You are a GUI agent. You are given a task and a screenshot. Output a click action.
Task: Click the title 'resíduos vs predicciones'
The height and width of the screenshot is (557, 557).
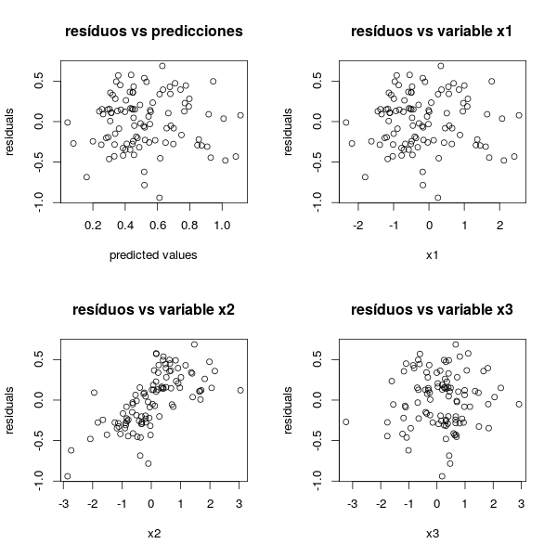pos(153,32)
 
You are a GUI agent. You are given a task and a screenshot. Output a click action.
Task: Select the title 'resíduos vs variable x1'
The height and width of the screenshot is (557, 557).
pos(432,32)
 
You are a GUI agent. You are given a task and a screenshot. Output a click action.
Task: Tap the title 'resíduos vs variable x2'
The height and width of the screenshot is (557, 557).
pos(153,310)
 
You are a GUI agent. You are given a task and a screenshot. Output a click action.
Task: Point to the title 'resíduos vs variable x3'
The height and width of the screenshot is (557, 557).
pos(432,310)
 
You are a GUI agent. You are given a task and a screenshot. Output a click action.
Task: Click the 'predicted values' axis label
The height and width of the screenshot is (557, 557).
pos(153,254)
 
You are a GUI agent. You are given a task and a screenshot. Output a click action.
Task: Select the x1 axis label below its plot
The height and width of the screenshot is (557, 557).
pos(432,254)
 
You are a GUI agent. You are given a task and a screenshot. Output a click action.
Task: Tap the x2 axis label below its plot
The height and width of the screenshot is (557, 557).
pos(153,533)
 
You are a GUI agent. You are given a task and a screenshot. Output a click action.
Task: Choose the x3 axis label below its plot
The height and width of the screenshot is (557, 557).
pos(432,533)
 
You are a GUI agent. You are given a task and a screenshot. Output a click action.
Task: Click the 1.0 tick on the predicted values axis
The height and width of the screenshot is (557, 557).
pos(222,226)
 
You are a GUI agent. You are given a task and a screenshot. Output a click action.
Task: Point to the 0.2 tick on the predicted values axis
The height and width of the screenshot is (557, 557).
pos(93,226)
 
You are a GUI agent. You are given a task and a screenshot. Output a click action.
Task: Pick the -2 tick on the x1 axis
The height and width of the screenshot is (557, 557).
pos(358,226)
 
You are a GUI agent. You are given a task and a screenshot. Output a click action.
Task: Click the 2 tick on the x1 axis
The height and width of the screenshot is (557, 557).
pos(499,226)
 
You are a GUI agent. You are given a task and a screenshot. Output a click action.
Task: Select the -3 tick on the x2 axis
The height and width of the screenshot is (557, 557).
pos(64,504)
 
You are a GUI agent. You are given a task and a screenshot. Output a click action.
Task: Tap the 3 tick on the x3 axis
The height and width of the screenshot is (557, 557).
pos(521,504)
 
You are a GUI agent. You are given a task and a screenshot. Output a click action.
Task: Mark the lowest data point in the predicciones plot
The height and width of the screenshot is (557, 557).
pos(160,198)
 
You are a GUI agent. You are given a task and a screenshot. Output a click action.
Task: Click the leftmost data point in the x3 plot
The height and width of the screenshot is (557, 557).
pos(346,421)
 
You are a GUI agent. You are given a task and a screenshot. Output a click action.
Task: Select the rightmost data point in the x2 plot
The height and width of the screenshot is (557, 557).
pos(240,391)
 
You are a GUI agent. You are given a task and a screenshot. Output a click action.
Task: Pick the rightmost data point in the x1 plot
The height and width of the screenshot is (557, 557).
pos(519,115)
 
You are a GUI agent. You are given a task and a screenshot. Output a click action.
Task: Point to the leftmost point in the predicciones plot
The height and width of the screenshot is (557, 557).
pos(67,122)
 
